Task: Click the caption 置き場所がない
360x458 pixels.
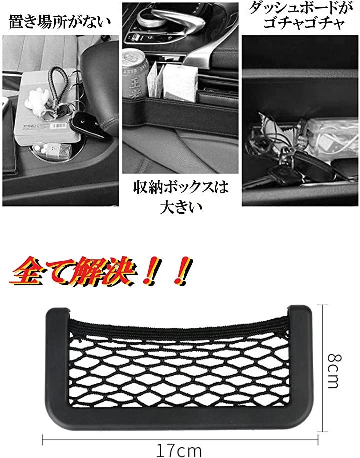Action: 60,22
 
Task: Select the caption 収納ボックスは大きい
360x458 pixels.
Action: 181,197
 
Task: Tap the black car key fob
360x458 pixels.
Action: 86,124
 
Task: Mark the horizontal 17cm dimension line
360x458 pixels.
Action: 180,440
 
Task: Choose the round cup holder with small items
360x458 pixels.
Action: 52,151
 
